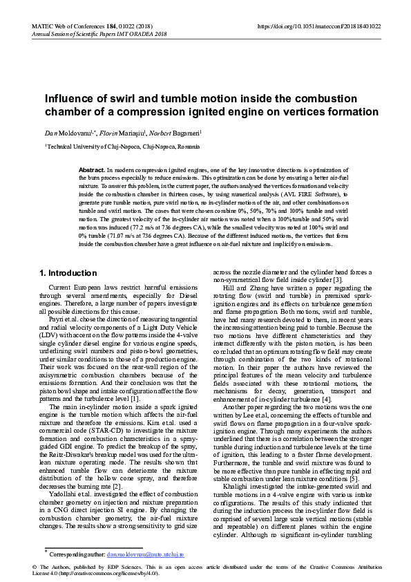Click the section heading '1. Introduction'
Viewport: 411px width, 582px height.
[68, 273]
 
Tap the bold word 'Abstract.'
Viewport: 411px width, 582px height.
[91, 169]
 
